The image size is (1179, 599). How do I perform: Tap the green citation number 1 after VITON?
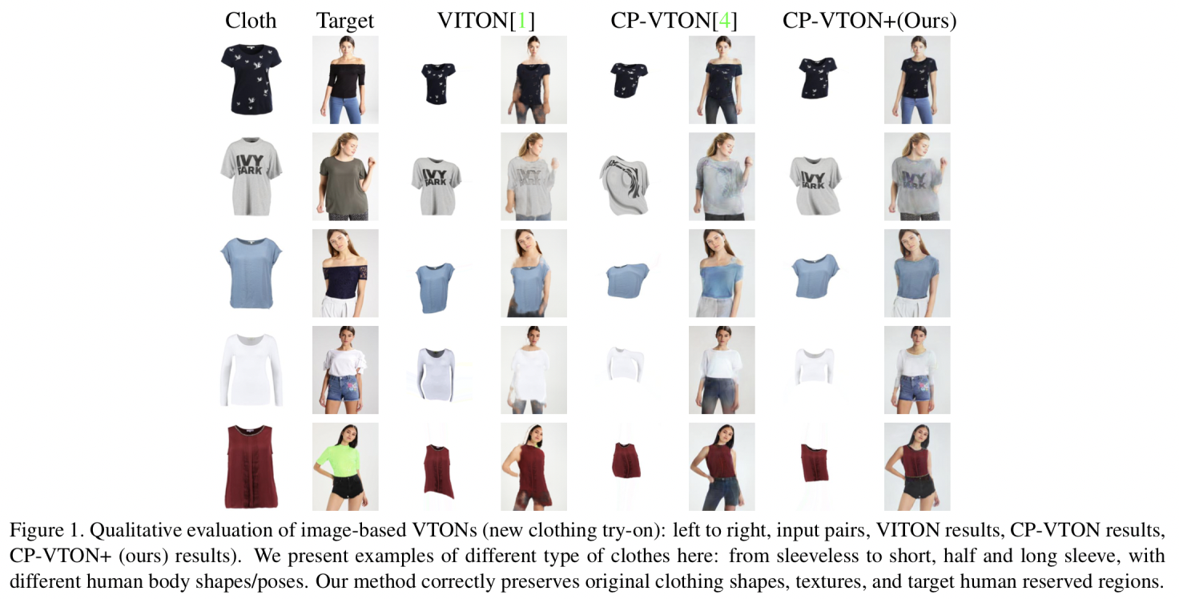523,22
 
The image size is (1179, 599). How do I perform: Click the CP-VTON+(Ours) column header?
869,22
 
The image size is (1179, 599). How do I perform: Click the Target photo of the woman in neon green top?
345,466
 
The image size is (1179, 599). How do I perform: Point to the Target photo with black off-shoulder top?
345,79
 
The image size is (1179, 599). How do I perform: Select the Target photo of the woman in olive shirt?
345,176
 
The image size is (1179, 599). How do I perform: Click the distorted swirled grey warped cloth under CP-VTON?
627,183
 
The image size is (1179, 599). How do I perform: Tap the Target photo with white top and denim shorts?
345,369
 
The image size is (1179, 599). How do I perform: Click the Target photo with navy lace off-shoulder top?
345,273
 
